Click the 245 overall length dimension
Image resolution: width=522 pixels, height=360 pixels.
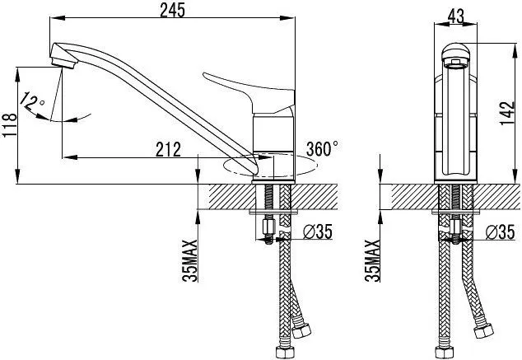(172, 10)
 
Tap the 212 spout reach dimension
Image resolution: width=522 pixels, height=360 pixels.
(168, 149)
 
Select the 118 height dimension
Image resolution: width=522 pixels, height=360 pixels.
(10, 125)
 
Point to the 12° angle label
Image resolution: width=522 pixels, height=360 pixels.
(32, 101)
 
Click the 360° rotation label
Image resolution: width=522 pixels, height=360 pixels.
(322, 148)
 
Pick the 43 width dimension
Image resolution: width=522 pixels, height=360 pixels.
(456, 16)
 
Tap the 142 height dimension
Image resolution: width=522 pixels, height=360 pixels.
(507, 113)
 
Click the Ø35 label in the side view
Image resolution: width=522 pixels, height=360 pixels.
(318, 231)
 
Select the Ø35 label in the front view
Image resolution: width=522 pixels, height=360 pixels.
(500, 231)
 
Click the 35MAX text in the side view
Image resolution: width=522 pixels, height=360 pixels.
(190, 260)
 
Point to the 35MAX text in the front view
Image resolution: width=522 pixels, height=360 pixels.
(372, 260)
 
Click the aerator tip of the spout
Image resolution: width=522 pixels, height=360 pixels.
(63, 63)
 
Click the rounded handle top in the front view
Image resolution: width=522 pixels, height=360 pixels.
(455, 52)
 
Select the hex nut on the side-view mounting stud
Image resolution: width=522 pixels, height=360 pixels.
(268, 227)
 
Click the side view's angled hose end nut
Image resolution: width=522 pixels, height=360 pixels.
(301, 330)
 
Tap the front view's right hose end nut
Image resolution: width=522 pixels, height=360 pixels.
(483, 330)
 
